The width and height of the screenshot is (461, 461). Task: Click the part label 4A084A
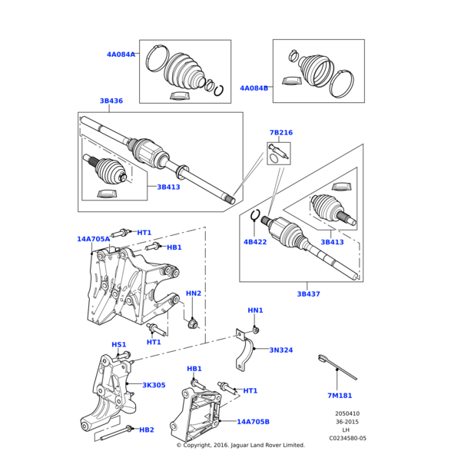(121, 55)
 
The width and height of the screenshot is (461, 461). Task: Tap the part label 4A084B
(254, 88)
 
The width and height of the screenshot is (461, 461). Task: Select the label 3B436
(111, 101)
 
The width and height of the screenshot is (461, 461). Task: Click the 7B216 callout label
(280, 133)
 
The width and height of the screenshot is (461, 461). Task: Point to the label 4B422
(254, 242)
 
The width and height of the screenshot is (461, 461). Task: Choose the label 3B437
(308, 294)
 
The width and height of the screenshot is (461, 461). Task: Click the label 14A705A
(93, 239)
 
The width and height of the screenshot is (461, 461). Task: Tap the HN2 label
(194, 294)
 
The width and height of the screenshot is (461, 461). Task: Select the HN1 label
(255, 310)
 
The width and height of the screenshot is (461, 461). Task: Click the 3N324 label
(280, 350)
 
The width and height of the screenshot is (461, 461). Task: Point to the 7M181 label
(339, 396)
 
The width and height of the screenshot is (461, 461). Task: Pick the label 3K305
(154, 385)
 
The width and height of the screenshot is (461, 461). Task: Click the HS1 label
(119, 345)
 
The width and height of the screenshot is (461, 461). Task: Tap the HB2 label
(147, 430)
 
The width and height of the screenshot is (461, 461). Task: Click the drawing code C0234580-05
(347, 438)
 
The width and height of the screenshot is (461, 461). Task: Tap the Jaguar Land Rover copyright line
(240, 445)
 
